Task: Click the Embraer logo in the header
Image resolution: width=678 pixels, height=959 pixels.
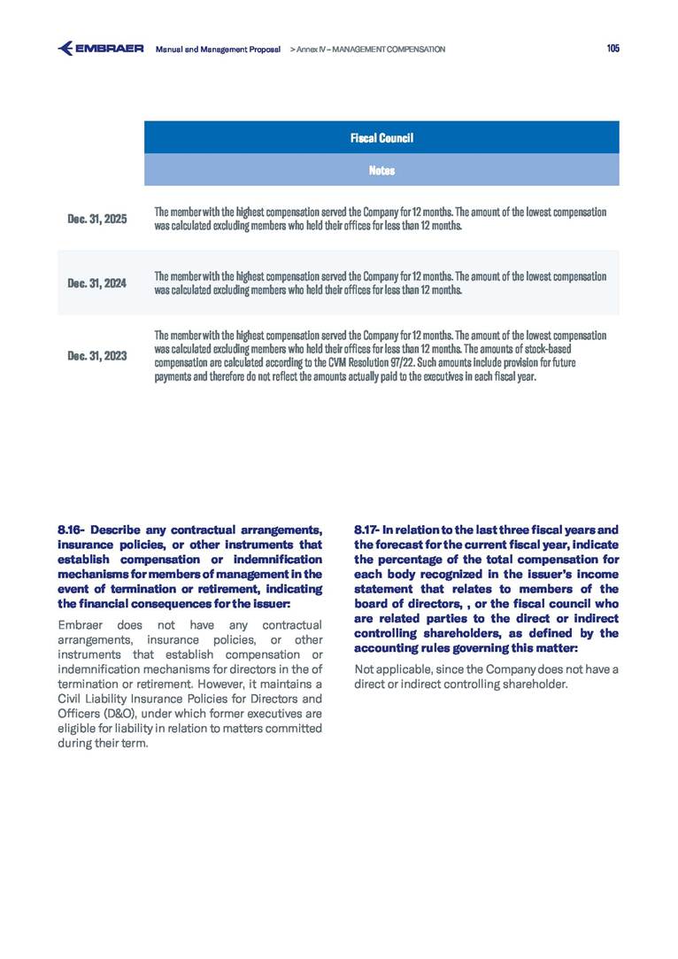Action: [x=100, y=49]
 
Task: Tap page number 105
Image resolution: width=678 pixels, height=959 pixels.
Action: [x=613, y=49]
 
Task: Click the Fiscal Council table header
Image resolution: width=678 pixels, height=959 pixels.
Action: [x=381, y=138]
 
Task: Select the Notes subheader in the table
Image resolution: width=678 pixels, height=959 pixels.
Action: [x=381, y=170]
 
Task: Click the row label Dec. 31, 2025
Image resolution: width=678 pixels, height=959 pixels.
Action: [x=97, y=219]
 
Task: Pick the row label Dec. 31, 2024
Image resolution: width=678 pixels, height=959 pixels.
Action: [x=97, y=283]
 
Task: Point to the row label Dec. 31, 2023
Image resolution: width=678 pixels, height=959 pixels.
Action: [x=97, y=356]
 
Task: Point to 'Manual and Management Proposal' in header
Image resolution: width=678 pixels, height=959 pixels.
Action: [x=218, y=50]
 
